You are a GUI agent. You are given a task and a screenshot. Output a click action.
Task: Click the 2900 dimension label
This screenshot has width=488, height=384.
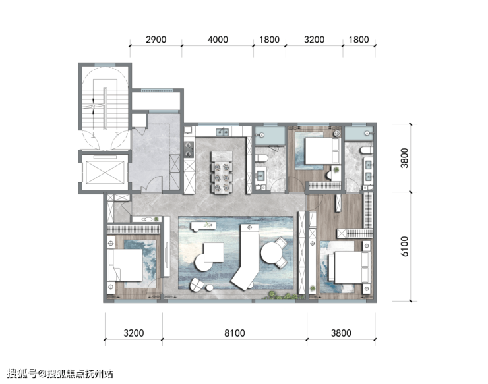point(156,40)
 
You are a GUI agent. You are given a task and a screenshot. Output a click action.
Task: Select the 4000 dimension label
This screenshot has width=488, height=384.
point(218,40)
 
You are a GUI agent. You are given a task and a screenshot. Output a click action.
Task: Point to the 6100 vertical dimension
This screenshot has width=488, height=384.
point(404,246)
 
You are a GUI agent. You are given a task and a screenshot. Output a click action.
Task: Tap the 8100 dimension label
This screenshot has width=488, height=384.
point(235,333)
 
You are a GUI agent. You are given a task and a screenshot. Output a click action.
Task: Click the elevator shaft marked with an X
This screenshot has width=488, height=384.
point(106,173)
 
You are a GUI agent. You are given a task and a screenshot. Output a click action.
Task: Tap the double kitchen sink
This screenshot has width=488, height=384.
point(222,132)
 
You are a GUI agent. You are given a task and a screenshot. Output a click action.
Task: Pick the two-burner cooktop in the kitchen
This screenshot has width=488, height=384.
point(189,150)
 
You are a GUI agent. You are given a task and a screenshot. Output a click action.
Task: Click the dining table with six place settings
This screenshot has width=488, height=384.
point(222,173)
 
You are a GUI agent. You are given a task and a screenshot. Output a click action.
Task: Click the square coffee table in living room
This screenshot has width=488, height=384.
point(214,252)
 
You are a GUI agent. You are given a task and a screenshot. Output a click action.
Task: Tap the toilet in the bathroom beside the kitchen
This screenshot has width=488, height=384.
point(261,158)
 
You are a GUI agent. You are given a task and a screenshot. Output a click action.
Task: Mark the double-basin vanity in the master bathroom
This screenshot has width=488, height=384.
point(368,171)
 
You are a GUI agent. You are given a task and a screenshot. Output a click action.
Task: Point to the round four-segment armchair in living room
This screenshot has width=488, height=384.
point(197,285)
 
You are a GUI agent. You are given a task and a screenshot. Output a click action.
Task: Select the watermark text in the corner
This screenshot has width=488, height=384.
point(60,373)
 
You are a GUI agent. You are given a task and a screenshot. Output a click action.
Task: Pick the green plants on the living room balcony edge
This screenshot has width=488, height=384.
point(283,296)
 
